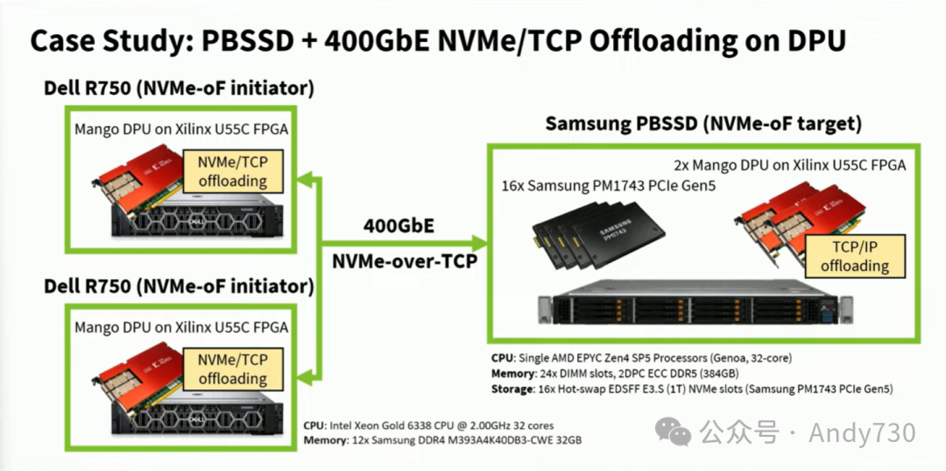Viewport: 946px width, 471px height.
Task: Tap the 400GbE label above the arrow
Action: tap(399, 225)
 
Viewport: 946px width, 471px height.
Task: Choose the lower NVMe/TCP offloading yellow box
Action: tap(232, 368)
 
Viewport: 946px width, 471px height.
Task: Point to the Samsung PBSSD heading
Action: tap(703, 124)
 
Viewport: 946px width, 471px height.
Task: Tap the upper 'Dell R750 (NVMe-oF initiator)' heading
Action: tap(180, 89)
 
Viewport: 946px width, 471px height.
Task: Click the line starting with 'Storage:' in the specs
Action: tap(692, 389)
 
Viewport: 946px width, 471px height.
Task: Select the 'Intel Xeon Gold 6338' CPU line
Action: tap(428, 425)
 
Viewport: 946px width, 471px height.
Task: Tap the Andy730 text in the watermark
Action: tap(862, 432)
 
